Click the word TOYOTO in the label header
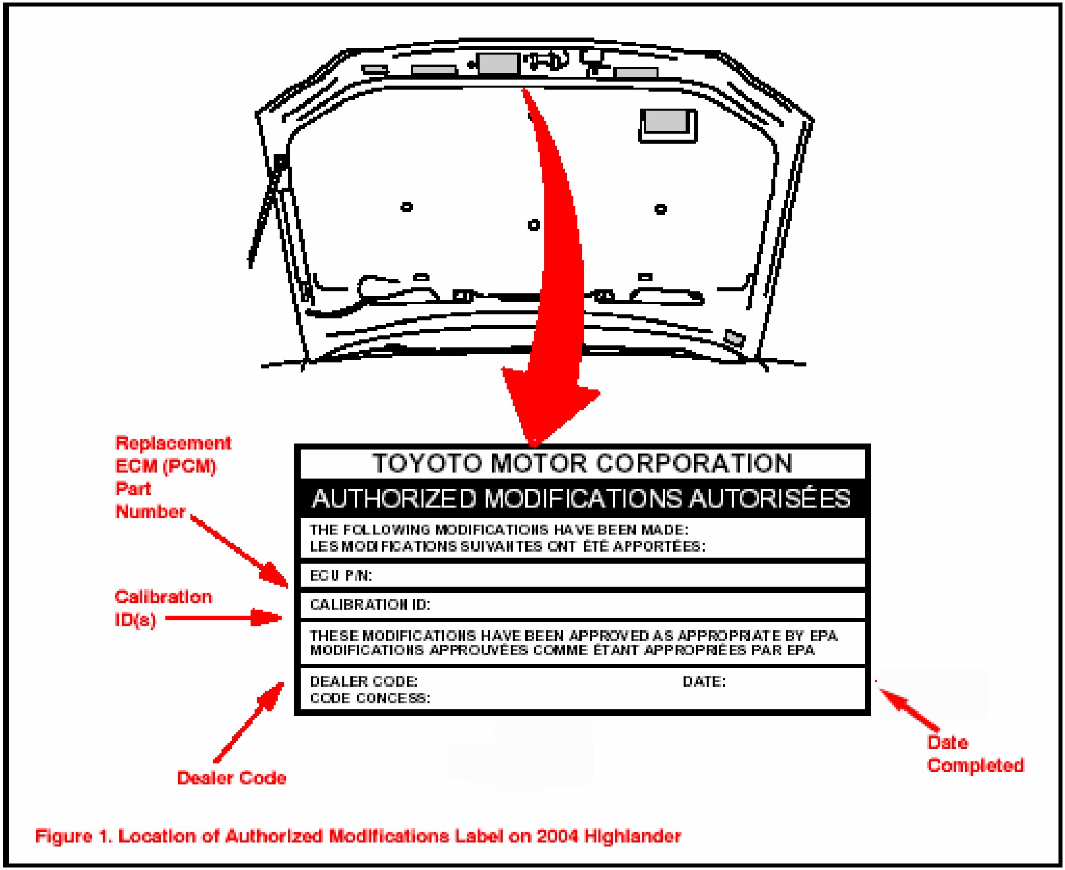click(428, 463)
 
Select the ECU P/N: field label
click(341, 576)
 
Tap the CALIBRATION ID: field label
click(370, 605)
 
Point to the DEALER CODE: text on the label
click(364, 682)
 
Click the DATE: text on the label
click(704, 682)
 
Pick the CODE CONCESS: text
click(370, 698)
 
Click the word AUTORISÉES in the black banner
click(769, 499)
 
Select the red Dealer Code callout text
click(232, 778)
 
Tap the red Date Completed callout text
click(975, 754)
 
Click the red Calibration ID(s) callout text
click(163, 608)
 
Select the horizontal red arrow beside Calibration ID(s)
click(224, 618)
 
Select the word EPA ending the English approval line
click(824, 635)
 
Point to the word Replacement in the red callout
click(173, 443)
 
